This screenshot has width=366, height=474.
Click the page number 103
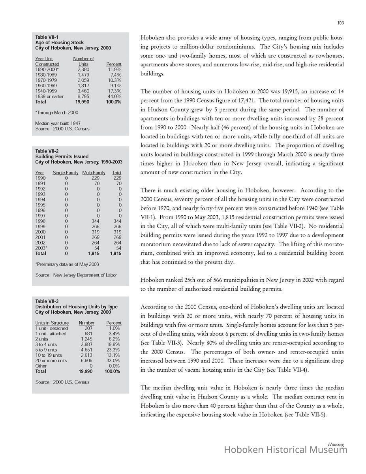(340, 23)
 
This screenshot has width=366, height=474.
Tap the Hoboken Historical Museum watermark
(285, 450)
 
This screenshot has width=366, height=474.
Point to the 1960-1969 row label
(46, 85)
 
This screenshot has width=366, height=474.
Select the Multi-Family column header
(94, 173)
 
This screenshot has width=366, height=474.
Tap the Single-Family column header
(66, 173)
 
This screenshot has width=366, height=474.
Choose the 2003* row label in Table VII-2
(41, 248)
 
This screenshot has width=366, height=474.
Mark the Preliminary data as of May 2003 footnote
(67, 264)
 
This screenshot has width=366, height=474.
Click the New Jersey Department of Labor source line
(76, 275)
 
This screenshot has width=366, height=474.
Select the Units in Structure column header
(52, 323)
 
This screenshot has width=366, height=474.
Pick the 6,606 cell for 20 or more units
(86, 361)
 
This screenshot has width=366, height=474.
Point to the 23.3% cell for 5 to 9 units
(114, 350)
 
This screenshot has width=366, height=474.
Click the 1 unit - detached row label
(51, 328)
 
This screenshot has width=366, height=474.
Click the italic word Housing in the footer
(336, 444)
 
